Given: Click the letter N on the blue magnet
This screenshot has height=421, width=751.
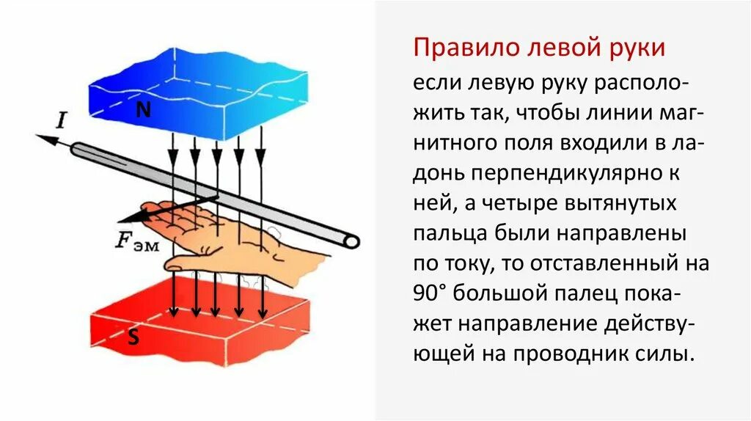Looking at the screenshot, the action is [x=144, y=110].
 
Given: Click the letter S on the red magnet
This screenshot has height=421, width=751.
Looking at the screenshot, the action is [x=133, y=338].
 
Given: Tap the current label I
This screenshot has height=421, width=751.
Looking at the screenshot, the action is [x=61, y=120].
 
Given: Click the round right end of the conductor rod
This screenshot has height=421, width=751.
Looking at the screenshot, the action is [x=351, y=241].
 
